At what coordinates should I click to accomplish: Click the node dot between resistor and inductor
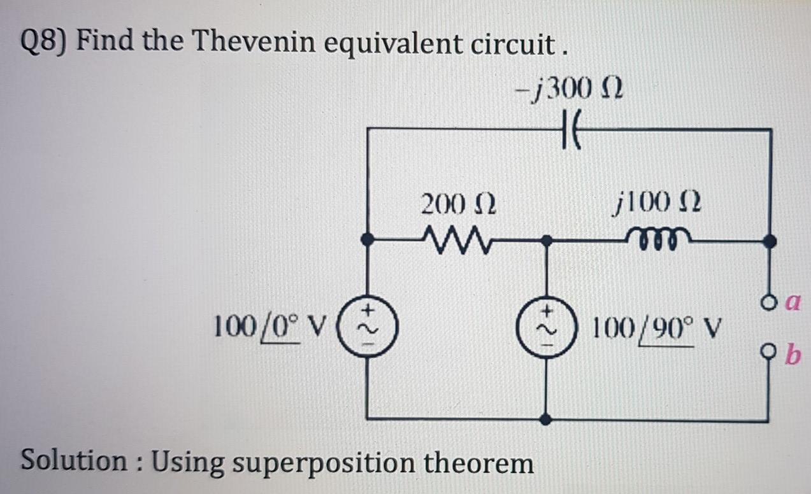[x=546, y=241]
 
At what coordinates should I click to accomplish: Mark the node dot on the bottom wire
[x=546, y=420]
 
